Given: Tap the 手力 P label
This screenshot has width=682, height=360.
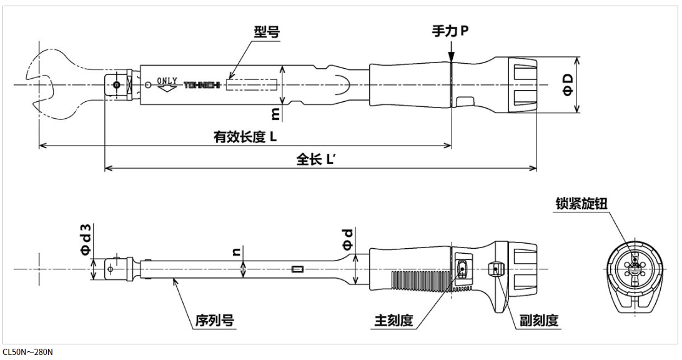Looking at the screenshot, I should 450,30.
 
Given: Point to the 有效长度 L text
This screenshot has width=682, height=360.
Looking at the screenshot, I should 245,137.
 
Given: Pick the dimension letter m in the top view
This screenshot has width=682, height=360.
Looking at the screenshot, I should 275,112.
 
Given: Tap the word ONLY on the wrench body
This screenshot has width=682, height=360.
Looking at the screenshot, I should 167,81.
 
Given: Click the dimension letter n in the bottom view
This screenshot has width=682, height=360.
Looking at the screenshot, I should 236,251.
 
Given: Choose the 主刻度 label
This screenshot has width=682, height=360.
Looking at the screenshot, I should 393,321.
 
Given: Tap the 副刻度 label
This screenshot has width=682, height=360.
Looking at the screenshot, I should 539,321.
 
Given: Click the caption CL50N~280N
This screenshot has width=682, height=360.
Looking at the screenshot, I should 28,352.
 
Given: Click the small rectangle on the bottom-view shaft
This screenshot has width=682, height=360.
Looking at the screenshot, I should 297,269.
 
